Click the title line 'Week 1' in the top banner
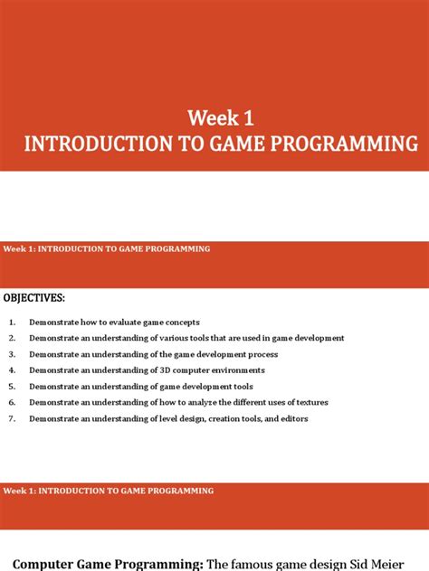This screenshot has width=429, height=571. (x=214, y=118)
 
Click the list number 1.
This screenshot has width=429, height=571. (x=13, y=323)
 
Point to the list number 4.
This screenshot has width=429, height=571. (x=13, y=370)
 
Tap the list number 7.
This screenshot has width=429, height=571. (x=13, y=419)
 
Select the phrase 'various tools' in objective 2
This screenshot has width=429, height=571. (x=184, y=338)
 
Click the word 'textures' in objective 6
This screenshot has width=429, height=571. (x=308, y=403)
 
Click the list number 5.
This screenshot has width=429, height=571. (x=13, y=387)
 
